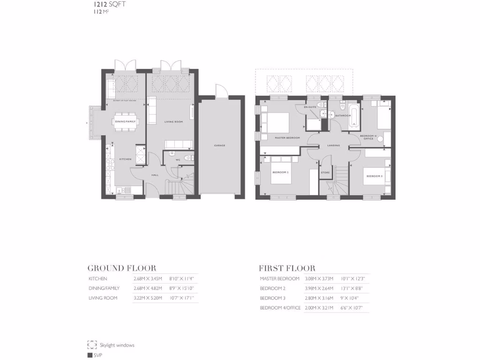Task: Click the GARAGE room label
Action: [219, 145]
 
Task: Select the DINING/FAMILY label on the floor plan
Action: [125, 122]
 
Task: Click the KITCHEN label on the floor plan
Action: [125, 159]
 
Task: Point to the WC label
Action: [178, 160]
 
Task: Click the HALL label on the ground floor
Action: [155, 175]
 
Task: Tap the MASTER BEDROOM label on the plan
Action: [287, 138]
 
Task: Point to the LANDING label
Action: [334, 145]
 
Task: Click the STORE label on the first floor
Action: [325, 172]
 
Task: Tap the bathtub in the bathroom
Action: [353, 117]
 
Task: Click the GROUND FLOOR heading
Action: [122, 268]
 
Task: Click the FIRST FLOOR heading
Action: [287, 268]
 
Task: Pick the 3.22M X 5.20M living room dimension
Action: [147, 298]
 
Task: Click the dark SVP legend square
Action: [90, 355]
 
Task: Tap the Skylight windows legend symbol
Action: [92, 345]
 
